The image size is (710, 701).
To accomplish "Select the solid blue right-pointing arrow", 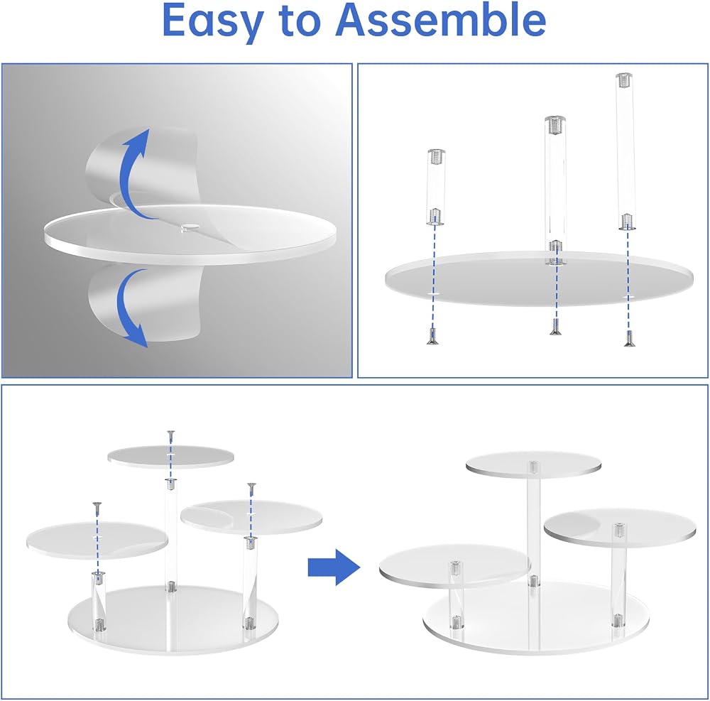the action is click(334, 567).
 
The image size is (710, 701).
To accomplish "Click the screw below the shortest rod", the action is click(432, 336).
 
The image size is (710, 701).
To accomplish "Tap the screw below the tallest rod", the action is click(628, 338).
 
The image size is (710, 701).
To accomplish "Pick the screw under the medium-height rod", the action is click(556, 327).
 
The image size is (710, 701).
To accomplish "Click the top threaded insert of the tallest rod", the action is click(624, 80).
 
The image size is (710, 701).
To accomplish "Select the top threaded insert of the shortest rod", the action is click(436, 157).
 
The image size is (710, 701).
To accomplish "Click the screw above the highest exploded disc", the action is click(170, 437).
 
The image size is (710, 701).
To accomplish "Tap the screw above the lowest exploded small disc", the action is click(96, 508).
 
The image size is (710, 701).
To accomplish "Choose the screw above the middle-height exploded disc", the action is click(251, 489).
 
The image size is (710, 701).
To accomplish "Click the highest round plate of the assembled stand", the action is click(533, 464).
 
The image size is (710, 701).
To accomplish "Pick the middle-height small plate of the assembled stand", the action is click(619, 528).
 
